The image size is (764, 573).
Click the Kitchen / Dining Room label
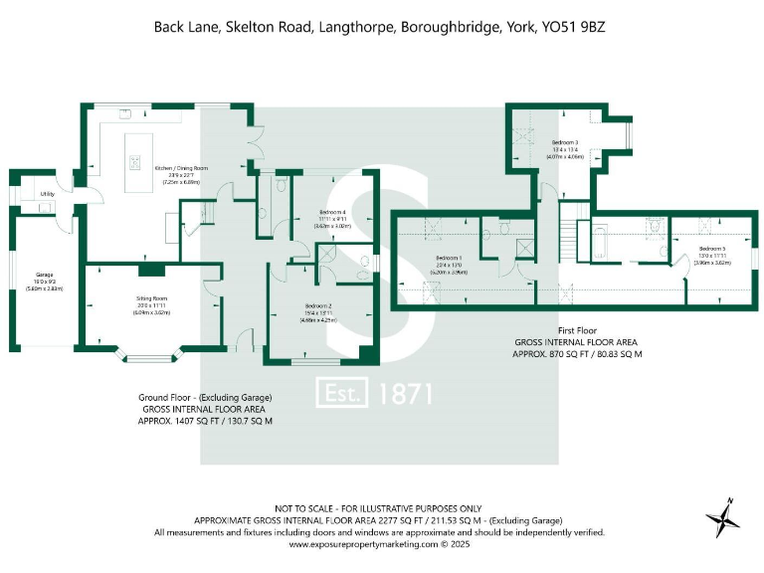(178, 168)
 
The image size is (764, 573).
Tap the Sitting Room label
(152, 297)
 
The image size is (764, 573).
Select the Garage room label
(45, 275)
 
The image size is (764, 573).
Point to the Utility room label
(46, 193)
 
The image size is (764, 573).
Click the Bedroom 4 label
(333, 212)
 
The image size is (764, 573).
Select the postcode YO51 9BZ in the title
(573, 27)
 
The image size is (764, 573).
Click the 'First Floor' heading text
(578, 328)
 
